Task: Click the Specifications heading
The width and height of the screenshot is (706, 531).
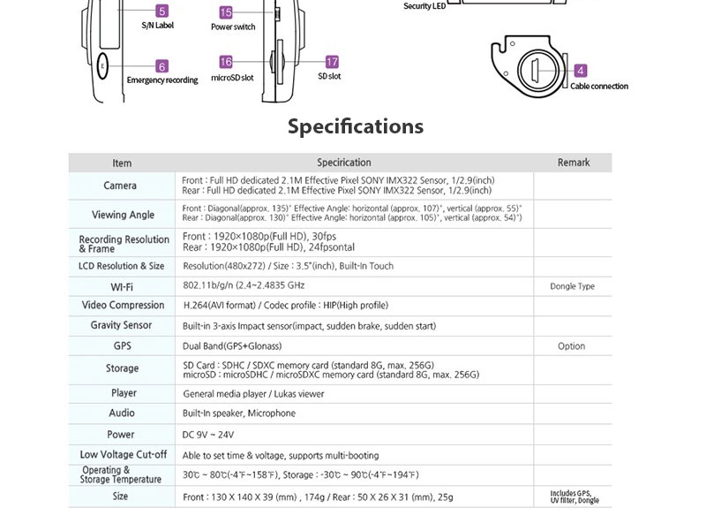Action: [x=356, y=126]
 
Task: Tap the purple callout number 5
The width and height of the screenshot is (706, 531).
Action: [x=161, y=11]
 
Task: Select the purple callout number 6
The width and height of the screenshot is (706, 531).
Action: [x=161, y=66]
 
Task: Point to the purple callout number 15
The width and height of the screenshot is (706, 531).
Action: [x=226, y=12]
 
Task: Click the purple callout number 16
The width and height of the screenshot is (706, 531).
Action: [x=226, y=62]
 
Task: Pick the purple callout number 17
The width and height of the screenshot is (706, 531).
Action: [x=332, y=62]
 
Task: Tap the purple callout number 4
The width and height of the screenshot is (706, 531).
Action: [x=581, y=71]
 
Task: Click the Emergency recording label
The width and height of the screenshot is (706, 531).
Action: [x=162, y=80]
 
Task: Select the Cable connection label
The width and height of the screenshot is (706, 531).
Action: [x=599, y=87]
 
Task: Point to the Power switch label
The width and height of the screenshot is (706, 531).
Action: [x=233, y=27]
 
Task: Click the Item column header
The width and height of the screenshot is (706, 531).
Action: [x=122, y=163]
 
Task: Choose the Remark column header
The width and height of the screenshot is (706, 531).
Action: [x=574, y=163]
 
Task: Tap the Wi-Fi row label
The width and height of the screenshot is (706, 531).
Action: [x=122, y=286]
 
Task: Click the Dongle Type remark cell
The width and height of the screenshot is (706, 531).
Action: [x=572, y=286]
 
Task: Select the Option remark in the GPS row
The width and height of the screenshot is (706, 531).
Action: [x=572, y=346]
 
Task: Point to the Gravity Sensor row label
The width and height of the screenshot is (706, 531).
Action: [x=122, y=325]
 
